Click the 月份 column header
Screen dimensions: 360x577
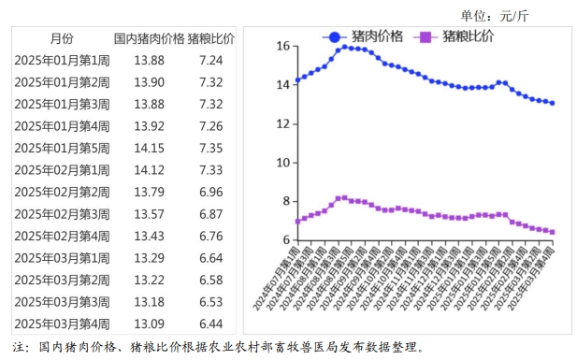[x=62, y=38]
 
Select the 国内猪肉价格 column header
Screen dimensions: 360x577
[x=149, y=38]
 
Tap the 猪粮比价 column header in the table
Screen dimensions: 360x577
[x=210, y=38]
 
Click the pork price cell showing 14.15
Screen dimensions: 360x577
[x=149, y=148]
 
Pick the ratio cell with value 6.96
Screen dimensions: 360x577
[x=210, y=192]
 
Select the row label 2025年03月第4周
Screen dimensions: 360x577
[x=62, y=324]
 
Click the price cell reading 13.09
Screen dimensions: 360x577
[x=149, y=324]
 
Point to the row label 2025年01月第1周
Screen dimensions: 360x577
[x=62, y=60]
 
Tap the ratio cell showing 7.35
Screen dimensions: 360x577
[x=210, y=148]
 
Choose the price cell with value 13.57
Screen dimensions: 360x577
[x=149, y=214]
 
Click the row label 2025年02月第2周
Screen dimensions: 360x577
[x=62, y=192]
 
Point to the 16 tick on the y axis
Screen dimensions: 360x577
[x=283, y=45]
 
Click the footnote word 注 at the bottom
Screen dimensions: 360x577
[x=20, y=347]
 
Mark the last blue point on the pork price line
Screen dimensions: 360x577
[x=552, y=103]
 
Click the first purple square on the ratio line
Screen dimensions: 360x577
[x=297, y=221]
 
